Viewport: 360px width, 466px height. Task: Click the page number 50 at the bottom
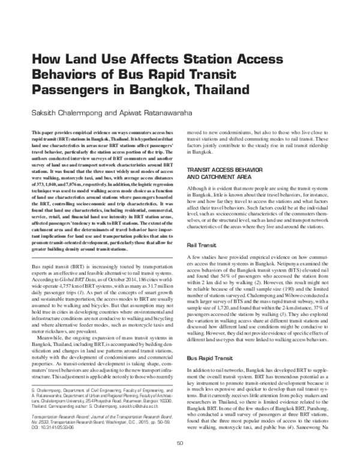[180, 460]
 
